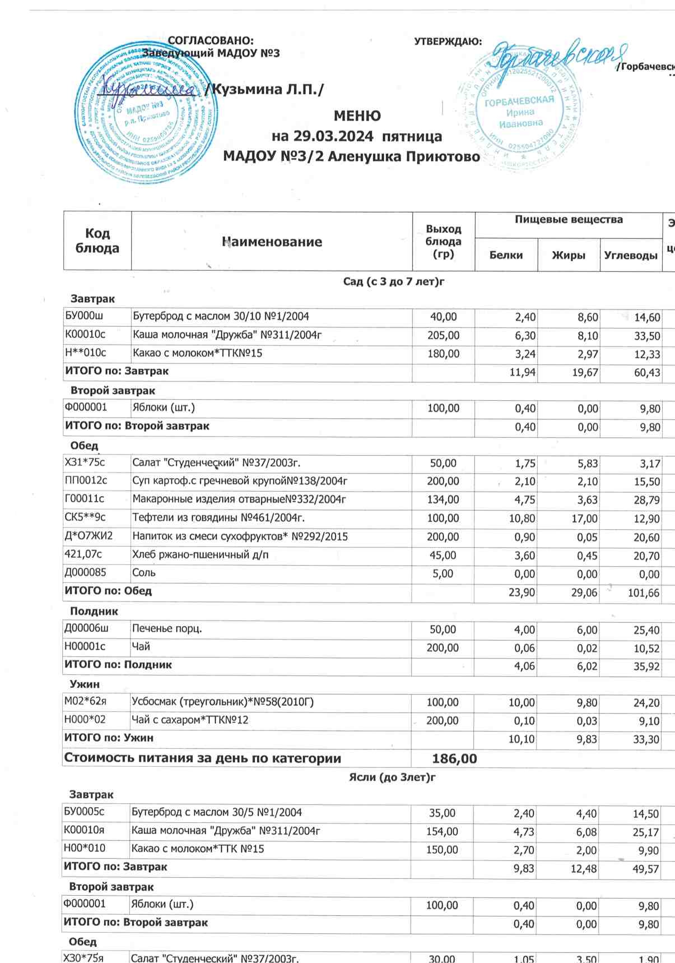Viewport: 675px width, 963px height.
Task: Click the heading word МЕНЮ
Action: pyautogui.click(x=357, y=116)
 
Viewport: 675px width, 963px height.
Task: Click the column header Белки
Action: pyautogui.click(x=506, y=255)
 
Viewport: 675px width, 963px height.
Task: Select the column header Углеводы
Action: pyautogui.click(x=630, y=255)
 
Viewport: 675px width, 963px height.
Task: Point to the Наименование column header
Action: pyautogui.click(x=272, y=242)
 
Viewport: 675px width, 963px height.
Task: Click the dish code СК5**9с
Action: pyautogui.click(x=85, y=517)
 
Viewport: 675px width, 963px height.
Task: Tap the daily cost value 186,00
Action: pyautogui.click(x=454, y=759)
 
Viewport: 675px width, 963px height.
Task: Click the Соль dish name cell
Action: pyautogui.click(x=144, y=573)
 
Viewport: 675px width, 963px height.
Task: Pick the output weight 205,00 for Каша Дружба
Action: pyautogui.click(x=443, y=335)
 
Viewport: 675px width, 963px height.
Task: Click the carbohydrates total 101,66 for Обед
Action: pyautogui.click(x=643, y=592)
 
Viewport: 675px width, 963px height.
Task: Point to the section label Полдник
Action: pyautogui.click(x=94, y=611)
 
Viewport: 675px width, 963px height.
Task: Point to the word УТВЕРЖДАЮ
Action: pyautogui.click(x=448, y=41)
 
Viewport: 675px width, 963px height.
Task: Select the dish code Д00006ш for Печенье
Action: pyautogui.click(x=86, y=628)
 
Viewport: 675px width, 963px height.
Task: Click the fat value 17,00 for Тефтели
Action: pyautogui.click(x=584, y=518)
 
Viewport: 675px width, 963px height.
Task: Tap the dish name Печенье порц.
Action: pyautogui.click(x=167, y=628)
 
